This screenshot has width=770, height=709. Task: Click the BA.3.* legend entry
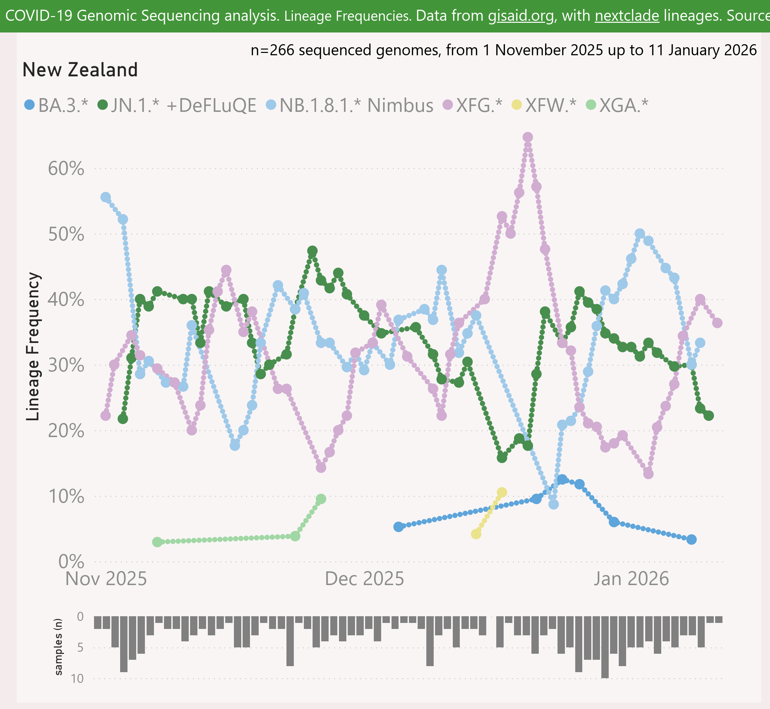tap(56, 105)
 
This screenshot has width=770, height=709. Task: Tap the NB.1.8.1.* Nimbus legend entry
tap(350, 105)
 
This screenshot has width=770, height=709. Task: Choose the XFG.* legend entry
tap(472, 105)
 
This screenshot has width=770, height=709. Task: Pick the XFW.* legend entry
tap(543, 105)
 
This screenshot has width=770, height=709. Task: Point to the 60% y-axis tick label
tap(66, 168)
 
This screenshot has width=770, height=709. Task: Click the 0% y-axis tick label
tap(71, 562)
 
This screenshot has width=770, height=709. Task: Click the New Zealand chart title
tap(80, 70)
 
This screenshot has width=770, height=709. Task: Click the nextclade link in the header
tap(627, 16)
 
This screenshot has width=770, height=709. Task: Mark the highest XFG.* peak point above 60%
tap(527, 137)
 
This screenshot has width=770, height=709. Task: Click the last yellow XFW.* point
tap(502, 492)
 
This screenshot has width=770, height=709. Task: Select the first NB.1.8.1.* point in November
tap(105, 197)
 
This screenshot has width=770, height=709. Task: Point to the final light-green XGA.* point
tap(321, 499)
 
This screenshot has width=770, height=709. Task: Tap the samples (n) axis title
tap(58, 646)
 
